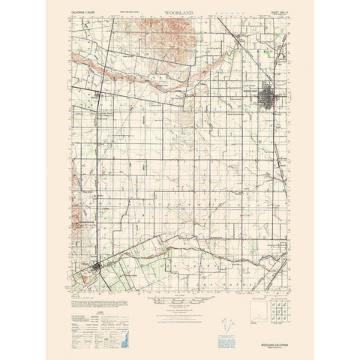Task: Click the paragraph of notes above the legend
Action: tap(95, 291)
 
